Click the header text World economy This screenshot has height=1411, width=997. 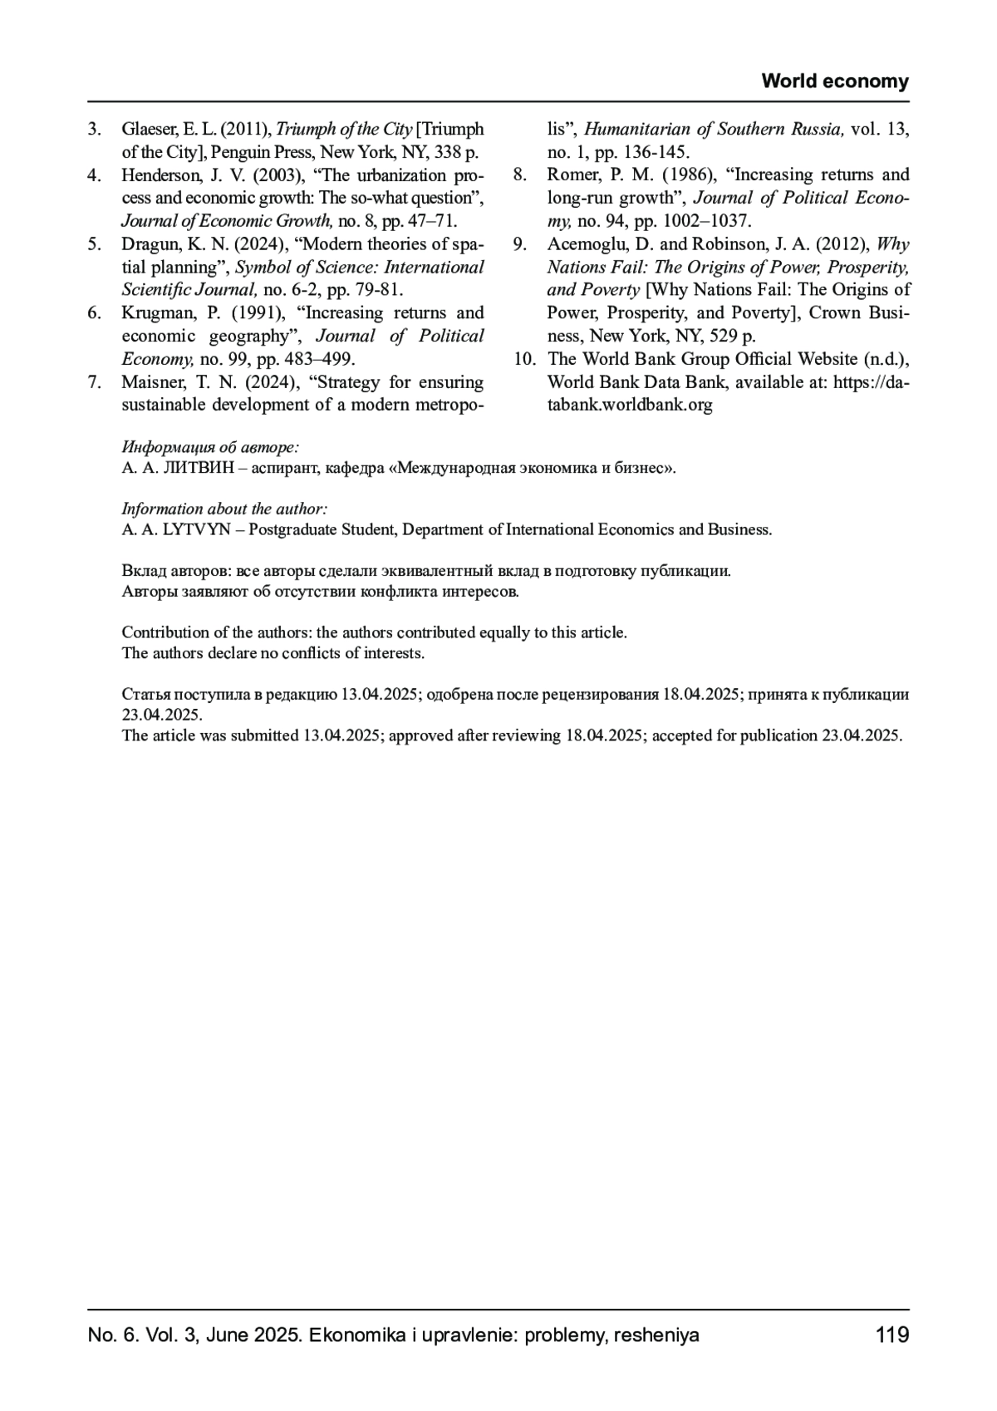click(835, 81)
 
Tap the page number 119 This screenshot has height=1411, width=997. click(892, 1335)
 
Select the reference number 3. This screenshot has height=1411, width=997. click(95, 129)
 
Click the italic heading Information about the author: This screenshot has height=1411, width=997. click(224, 509)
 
